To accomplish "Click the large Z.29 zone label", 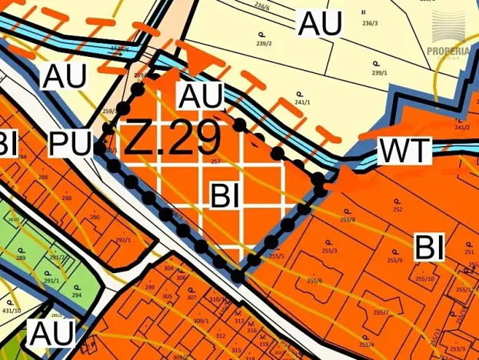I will [172, 138].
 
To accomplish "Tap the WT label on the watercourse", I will [404, 151].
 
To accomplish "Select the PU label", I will [70, 144].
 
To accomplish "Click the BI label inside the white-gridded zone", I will [228, 196].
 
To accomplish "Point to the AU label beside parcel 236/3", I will [320, 24].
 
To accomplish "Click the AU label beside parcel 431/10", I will [52, 334].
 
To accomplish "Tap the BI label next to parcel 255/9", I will [431, 248].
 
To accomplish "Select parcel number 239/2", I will [264, 44].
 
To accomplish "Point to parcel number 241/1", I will [301, 102].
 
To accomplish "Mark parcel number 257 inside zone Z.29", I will [215, 162].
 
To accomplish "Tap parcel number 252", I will [398, 209].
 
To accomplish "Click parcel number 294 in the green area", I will [77, 295].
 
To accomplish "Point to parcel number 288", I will [67, 198].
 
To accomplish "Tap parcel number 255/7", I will [381, 312].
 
